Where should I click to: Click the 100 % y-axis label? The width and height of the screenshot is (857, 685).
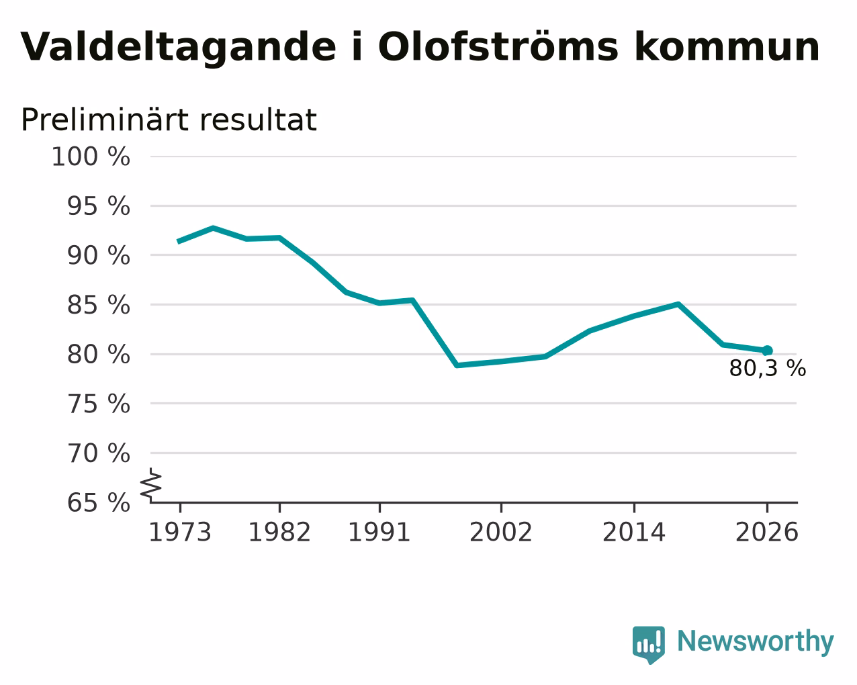(x=91, y=156)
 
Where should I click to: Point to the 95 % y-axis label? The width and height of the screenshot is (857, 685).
(x=98, y=206)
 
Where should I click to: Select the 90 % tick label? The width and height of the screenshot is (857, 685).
(x=98, y=255)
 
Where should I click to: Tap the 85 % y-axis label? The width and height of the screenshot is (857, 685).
(x=98, y=305)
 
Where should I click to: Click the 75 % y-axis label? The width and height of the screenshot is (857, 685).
(x=98, y=404)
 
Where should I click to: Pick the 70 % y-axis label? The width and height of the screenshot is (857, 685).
(x=98, y=453)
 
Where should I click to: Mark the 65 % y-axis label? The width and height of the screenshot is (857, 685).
(x=98, y=502)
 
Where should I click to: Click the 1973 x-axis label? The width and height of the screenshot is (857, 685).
(x=180, y=533)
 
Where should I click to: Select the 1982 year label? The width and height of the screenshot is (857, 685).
(x=279, y=533)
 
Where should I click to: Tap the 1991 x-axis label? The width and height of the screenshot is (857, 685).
(x=379, y=533)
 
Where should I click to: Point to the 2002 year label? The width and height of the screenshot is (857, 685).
(x=501, y=533)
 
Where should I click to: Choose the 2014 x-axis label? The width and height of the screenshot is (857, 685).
(x=634, y=533)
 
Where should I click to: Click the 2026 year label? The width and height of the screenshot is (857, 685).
(x=767, y=533)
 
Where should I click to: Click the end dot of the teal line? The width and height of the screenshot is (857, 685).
(x=767, y=351)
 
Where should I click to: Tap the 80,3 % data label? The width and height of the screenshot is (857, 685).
(x=768, y=369)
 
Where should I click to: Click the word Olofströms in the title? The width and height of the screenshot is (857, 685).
(x=498, y=47)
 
